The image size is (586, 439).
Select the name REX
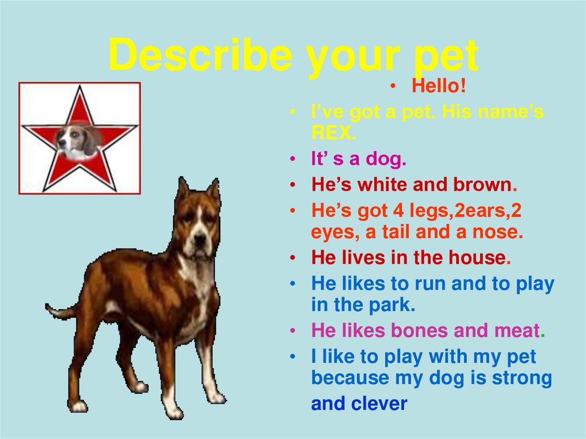pos(333,133)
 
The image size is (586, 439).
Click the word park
pos(390,304)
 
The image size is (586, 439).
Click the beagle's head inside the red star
pos(77,140)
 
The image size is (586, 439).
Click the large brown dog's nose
pos(200,237)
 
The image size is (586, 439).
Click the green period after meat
pos(543,333)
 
